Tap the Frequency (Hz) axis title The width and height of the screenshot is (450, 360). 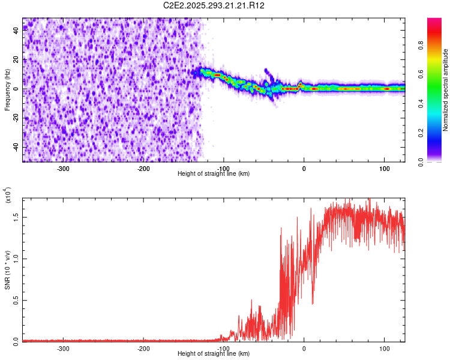[7, 90]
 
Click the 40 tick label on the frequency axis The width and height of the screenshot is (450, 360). [16, 31]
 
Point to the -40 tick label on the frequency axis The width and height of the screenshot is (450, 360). [16, 147]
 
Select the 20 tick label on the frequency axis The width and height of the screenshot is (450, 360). [16, 60]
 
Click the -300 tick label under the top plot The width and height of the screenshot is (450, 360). [63, 168]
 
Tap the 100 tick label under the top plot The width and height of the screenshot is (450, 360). [383, 168]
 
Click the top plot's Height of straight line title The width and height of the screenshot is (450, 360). [214, 174]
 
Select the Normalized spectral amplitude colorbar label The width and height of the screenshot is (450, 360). [446, 90]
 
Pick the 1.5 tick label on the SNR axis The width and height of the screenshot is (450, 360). [16, 217]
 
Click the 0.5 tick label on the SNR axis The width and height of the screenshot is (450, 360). [16, 299]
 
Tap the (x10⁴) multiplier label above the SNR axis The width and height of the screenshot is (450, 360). [8, 196]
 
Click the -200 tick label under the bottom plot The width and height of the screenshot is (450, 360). [143, 348]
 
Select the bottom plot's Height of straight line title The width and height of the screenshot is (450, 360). [214, 354]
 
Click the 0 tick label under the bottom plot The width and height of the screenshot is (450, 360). [304, 348]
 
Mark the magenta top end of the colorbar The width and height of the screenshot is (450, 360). [434, 21]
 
